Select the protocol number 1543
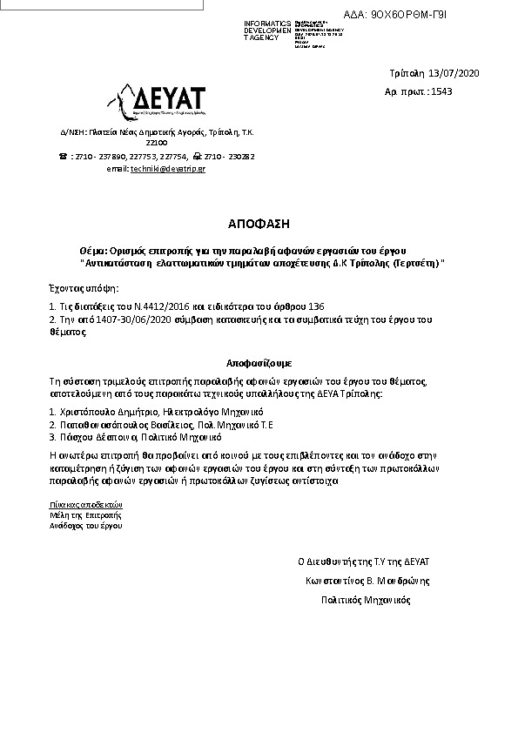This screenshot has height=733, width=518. pos(441,91)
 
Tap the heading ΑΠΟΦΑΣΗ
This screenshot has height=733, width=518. pos(259,223)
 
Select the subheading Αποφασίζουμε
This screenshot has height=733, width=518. pos(259,360)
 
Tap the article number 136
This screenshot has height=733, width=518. pos(316,306)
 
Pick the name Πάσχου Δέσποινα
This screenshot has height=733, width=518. pos(95,437)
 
